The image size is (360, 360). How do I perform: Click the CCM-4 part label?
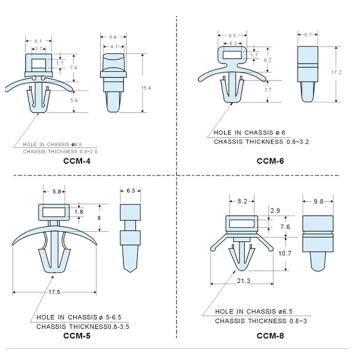tap(77, 161)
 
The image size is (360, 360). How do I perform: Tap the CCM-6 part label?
tap(270, 161)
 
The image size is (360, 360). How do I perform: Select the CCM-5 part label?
tap(77, 336)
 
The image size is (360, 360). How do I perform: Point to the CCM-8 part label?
tap(270, 336)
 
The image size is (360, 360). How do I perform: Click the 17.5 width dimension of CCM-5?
tap(54, 292)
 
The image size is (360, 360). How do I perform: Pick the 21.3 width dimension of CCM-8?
tap(243, 281)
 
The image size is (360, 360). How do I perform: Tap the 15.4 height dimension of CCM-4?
tap(146, 88)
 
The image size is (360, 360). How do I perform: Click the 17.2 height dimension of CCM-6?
tap(336, 72)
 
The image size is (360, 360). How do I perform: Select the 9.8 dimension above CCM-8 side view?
tap(318, 201)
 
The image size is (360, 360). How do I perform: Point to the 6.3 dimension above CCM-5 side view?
tap(131, 191)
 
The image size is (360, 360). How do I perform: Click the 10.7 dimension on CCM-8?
tap(285, 253)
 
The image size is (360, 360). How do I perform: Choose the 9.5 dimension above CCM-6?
tap(232, 36)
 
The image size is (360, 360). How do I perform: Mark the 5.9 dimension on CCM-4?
tap(74, 100)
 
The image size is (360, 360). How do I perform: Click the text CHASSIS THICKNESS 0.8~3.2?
tap(261, 142)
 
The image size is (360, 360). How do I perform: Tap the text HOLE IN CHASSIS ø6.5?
tap(254, 312)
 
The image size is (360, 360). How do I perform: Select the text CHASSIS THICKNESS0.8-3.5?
tap(83, 326)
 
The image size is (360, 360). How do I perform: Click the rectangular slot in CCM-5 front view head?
tap(54, 213)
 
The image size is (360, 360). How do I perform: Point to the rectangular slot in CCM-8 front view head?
tap(242, 224)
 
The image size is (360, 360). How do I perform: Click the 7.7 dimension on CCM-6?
tap(268, 90)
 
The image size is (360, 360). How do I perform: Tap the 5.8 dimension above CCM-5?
tap(57, 191)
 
